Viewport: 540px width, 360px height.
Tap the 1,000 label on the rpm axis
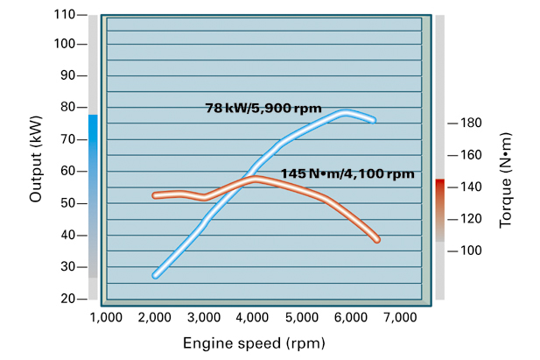106,315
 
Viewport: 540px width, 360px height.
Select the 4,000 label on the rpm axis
252,315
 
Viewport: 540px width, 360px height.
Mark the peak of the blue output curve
346,112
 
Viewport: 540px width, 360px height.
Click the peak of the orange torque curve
256,179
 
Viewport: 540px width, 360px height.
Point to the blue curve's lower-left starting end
155,275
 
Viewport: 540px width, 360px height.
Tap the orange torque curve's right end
377,239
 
